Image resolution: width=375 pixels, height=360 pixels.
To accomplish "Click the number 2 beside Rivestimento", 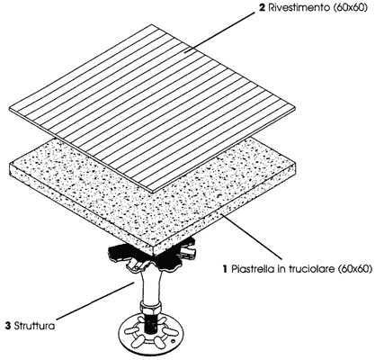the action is coord(263,8).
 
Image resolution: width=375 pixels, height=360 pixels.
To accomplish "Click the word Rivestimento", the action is coord(298,8).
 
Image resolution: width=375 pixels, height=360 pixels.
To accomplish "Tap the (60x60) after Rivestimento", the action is coord(348,8).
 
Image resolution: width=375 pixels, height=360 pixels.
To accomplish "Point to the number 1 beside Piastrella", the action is coord(226,269).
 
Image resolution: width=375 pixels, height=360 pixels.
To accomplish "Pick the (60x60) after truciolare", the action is coord(355,269).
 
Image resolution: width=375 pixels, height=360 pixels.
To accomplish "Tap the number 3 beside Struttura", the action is coord(8,326).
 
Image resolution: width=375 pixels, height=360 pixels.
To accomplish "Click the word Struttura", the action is coord(34,326).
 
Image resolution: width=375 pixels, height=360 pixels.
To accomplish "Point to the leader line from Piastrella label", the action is coord(251,237).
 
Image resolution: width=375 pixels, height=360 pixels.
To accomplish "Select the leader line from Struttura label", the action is coord(95,301).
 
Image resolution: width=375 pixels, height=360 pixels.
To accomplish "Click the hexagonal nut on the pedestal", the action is coord(150,308).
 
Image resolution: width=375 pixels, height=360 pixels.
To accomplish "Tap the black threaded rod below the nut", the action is coord(150,322).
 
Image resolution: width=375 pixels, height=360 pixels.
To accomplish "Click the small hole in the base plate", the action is coord(174,341).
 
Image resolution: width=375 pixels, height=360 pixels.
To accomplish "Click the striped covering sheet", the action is coord(152,108).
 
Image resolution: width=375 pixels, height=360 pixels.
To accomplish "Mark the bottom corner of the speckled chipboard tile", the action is coord(154,256).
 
